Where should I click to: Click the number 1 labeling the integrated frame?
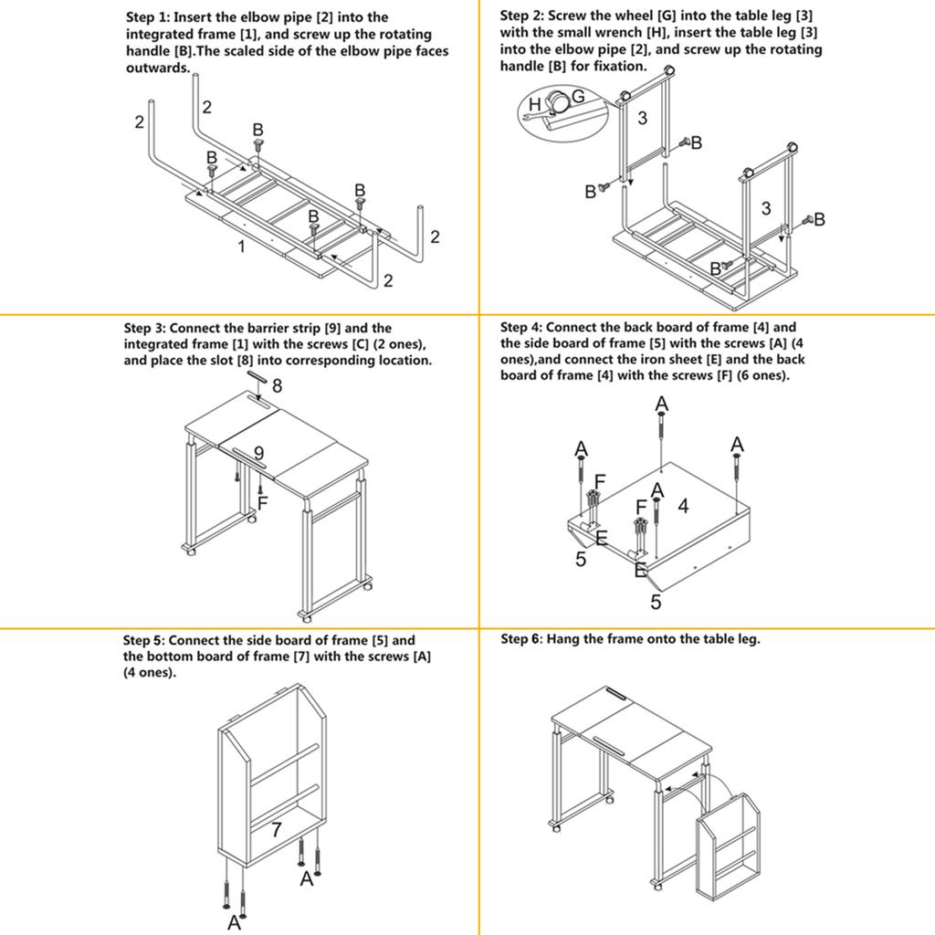(x=241, y=247)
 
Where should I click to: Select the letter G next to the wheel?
(x=577, y=98)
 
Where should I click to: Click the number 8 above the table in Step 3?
(x=277, y=386)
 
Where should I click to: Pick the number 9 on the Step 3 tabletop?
(x=258, y=452)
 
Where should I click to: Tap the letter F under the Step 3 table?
(x=262, y=503)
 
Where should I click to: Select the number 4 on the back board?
(x=682, y=505)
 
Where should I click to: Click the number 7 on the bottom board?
(x=276, y=831)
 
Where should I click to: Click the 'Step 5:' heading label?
(x=144, y=641)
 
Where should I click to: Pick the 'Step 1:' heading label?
(x=147, y=17)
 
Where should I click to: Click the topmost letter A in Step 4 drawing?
(x=662, y=404)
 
